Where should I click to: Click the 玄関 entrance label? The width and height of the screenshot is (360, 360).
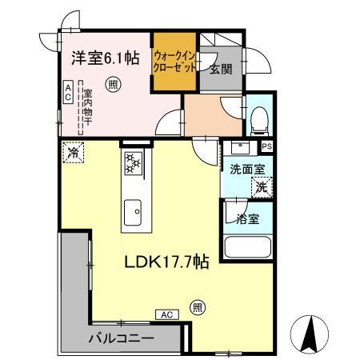click(x=221, y=69)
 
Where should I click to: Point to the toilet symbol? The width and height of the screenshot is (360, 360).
click(x=258, y=119)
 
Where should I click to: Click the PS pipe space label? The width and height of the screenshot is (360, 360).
click(x=267, y=146)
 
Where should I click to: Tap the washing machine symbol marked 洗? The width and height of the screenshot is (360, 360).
click(x=262, y=187)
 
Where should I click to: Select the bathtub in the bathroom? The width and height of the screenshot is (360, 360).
click(x=247, y=249)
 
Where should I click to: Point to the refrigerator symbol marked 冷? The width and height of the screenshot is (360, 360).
click(x=74, y=151)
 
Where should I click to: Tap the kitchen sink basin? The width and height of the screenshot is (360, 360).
click(x=132, y=212)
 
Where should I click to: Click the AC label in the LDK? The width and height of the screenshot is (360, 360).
click(x=167, y=314)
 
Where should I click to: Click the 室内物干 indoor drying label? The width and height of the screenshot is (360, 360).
click(x=87, y=108)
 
